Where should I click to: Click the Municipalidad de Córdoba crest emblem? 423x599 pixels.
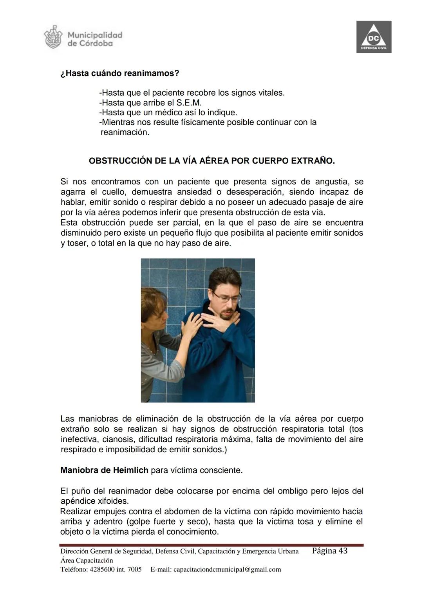pos(53,37)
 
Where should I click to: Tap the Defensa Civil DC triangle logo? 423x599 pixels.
pos(374,37)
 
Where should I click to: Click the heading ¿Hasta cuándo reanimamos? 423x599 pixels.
pos(120,73)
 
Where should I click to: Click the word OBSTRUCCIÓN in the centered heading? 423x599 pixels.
pos(120,161)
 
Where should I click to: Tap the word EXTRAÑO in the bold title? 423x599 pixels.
pos(316,161)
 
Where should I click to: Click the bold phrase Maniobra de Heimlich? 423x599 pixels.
pos(104,470)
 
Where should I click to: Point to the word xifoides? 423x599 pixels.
pos(111,501)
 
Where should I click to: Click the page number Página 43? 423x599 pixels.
pos(329,551)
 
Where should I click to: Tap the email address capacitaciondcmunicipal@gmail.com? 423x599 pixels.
pos(227,569)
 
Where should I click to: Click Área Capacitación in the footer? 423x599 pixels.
pos(87,560)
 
